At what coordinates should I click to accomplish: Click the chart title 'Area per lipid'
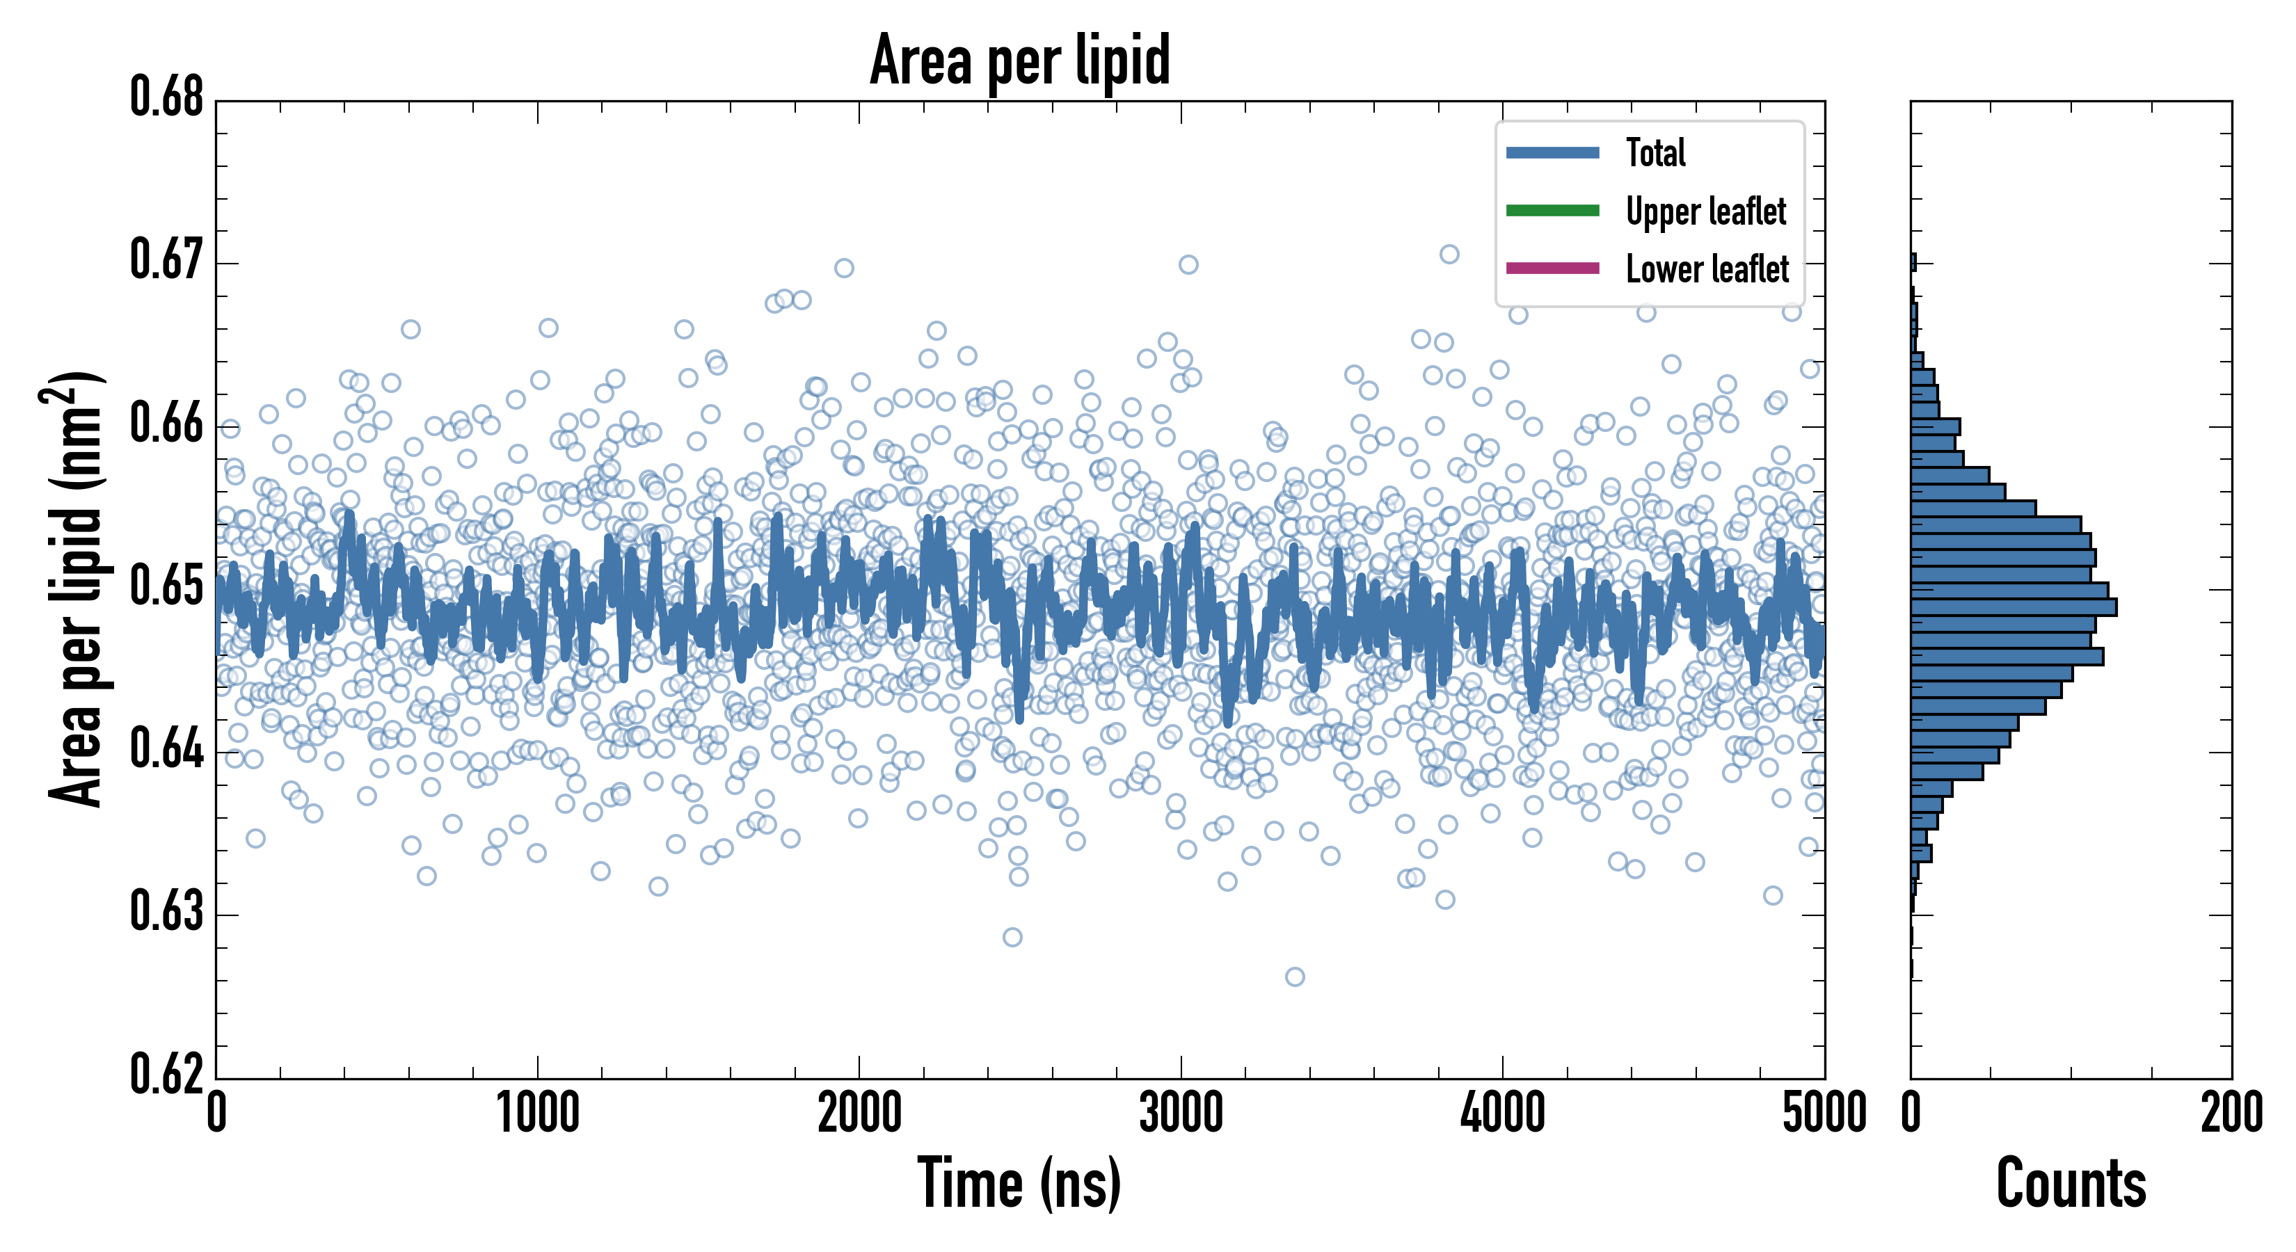[1020, 60]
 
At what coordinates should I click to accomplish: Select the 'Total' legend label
[1655, 153]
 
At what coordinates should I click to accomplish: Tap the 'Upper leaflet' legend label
[1705, 211]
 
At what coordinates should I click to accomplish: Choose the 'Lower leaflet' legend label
[1707, 269]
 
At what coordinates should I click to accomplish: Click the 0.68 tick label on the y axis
[167, 97]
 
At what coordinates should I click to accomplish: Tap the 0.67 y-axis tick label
[167, 260]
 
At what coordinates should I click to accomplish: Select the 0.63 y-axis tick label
[167, 912]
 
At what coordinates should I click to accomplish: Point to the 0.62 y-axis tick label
[167, 1074]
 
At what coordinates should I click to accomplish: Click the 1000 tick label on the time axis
[537, 1114]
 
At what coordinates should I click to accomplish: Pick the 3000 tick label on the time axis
[1181, 1114]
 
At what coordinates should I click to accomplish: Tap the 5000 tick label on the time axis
[1824, 1114]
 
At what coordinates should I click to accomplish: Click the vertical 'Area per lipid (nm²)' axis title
[77, 589]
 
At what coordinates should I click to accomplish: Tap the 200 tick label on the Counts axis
[2231, 1114]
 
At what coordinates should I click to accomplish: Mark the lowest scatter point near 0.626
[1295, 977]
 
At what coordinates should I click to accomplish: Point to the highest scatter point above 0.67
[1449, 254]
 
